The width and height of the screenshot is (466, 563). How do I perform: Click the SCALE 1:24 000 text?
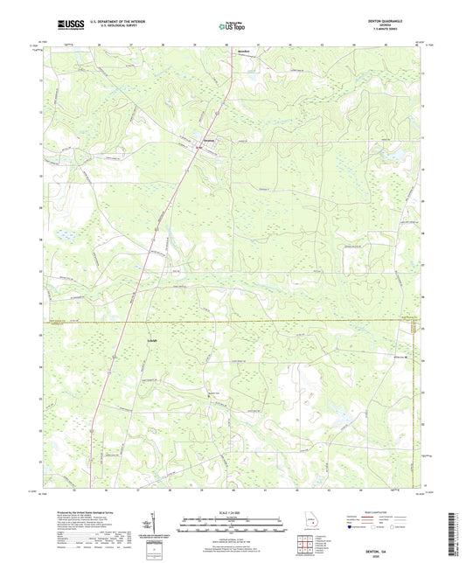[x=233, y=512]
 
